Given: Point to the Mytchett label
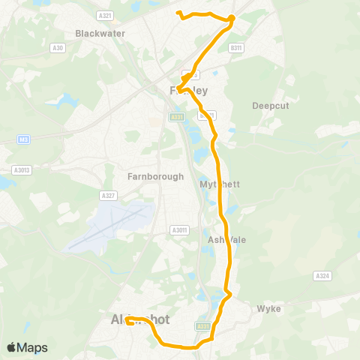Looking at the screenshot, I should (x=218, y=184).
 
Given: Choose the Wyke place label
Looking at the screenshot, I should (x=268, y=308).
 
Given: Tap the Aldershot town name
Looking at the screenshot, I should (x=135, y=319).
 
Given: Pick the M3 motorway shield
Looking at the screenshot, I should (x=24, y=139).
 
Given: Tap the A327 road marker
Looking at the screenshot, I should (x=108, y=195).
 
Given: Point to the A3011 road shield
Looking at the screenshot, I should (x=179, y=229).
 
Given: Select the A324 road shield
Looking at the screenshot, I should (x=323, y=276).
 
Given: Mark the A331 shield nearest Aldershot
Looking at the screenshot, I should (x=202, y=325).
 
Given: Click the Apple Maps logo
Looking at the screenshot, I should (x=28, y=347).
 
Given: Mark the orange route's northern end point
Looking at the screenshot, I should (x=177, y=12).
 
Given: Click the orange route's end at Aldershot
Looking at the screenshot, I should (x=127, y=320).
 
